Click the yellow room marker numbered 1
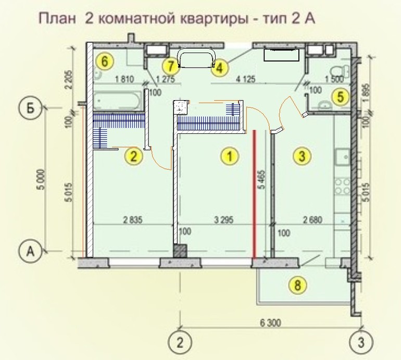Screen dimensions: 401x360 [229, 156]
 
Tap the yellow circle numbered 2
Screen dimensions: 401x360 [133, 156]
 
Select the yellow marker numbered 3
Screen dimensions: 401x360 [302, 155]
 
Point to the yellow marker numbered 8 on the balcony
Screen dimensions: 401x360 [297, 285]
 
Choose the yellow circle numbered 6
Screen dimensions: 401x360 [104, 61]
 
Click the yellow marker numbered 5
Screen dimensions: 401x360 [340, 97]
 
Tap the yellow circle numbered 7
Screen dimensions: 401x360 [171, 67]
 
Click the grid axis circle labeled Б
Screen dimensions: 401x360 [30, 108]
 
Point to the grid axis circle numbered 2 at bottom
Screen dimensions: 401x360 [180, 342]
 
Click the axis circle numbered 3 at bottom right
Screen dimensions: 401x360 [360, 342]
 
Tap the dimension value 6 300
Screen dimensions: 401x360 [270, 322]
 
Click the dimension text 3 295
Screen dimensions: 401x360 [223, 219]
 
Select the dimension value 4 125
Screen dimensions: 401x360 [245, 79]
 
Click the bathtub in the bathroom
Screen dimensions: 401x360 [117, 101]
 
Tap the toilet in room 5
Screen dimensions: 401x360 [341, 72]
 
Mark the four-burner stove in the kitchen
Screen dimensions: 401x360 [343, 187]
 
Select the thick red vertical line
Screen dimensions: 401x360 [255, 194]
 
